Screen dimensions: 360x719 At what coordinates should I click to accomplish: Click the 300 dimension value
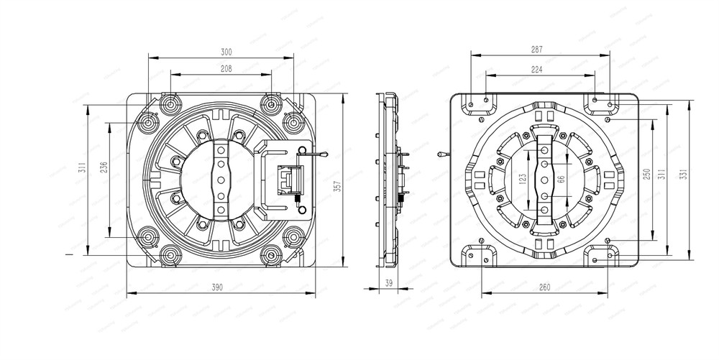click(x=226, y=52)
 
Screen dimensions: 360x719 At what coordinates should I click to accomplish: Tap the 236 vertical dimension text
click(x=104, y=168)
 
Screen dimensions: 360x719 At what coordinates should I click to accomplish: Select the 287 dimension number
click(x=537, y=50)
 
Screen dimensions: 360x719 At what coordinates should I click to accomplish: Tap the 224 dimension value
click(x=537, y=70)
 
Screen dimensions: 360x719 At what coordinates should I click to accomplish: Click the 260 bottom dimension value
click(x=544, y=287)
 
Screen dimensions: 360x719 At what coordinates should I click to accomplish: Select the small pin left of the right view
click(x=441, y=153)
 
